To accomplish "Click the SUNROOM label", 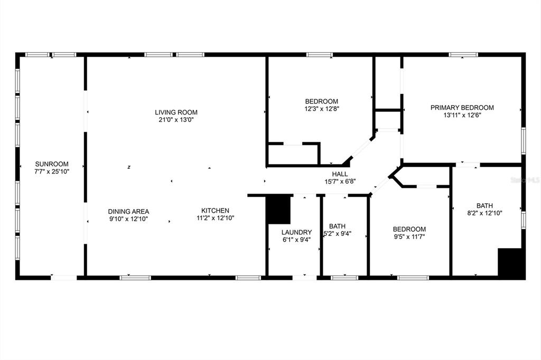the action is (52, 164).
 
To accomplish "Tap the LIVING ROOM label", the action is (176, 112).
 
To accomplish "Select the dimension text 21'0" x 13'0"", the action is (176, 120).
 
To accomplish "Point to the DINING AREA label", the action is (129, 211).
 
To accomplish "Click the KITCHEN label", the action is (216, 210).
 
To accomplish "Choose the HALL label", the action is (340, 174).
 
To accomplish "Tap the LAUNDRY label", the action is (297, 232).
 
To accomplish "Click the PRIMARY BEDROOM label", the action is (462, 108).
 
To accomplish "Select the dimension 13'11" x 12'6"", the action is (462, 115).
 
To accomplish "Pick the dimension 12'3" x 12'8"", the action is (322, 109).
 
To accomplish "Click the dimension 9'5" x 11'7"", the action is (409, 236).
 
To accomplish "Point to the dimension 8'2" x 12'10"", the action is (485, 213).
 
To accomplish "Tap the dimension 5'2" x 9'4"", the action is (337, 234).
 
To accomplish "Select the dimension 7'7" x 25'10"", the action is (52, 172).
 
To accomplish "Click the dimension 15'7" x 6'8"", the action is (340, 182).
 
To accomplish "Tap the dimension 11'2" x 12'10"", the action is (216, 218).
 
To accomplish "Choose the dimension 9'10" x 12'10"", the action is (129, 219).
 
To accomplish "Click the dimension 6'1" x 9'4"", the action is (297, 240).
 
